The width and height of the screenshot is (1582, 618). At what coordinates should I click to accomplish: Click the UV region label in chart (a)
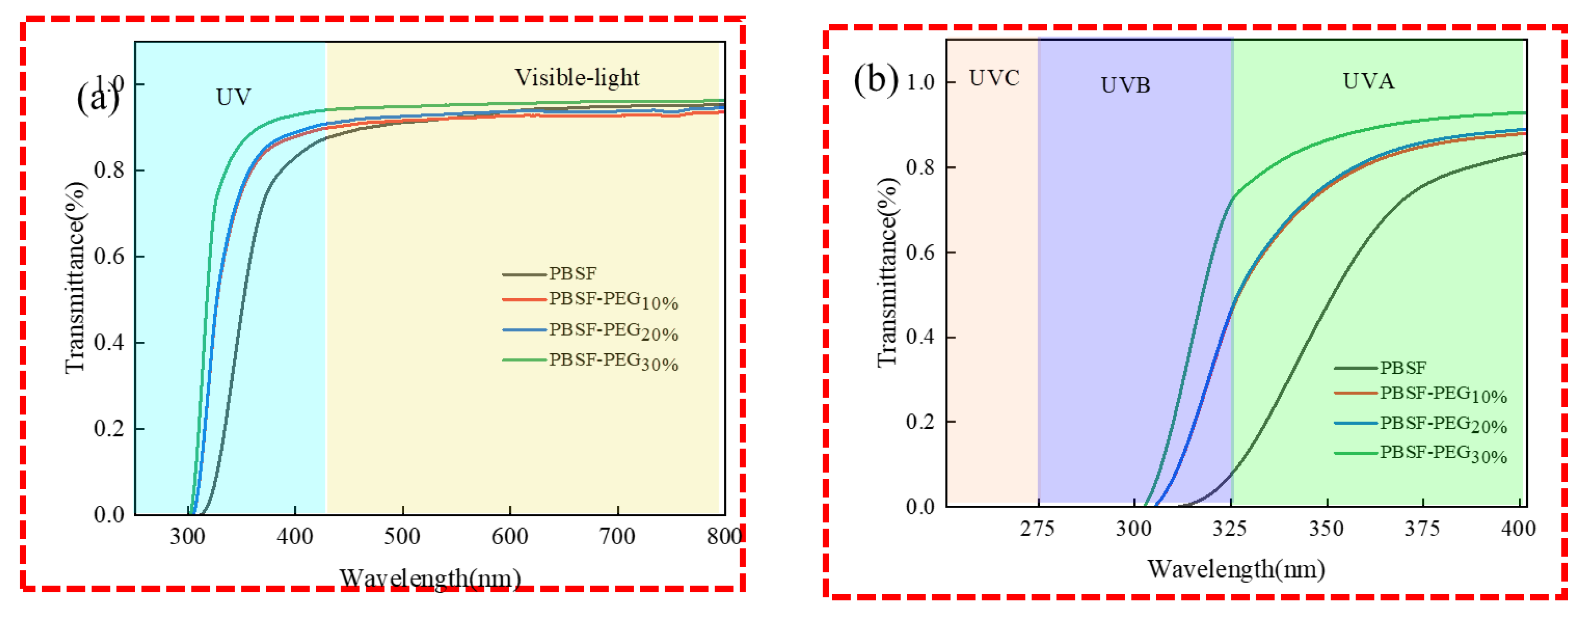[233, 97]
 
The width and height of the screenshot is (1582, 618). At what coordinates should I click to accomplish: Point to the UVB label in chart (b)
[1125, 85]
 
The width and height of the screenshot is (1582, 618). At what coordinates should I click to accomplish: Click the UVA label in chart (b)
[1368, 81]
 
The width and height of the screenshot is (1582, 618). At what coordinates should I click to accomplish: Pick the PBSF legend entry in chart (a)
[572, 273]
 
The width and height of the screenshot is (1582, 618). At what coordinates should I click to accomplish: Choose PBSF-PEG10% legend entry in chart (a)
[613, 300]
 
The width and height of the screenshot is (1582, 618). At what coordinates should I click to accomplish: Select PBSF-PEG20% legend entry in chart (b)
[1443, 424]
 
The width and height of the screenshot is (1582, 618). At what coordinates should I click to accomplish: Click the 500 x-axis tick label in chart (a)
[402, 537]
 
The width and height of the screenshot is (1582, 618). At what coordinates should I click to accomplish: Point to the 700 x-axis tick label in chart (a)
[617, 537]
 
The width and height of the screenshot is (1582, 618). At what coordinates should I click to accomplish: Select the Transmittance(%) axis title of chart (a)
[75, 278]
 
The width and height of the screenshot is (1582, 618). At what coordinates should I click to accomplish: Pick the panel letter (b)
[876, 80]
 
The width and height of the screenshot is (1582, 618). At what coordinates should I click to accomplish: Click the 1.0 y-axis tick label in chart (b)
[920, 82]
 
